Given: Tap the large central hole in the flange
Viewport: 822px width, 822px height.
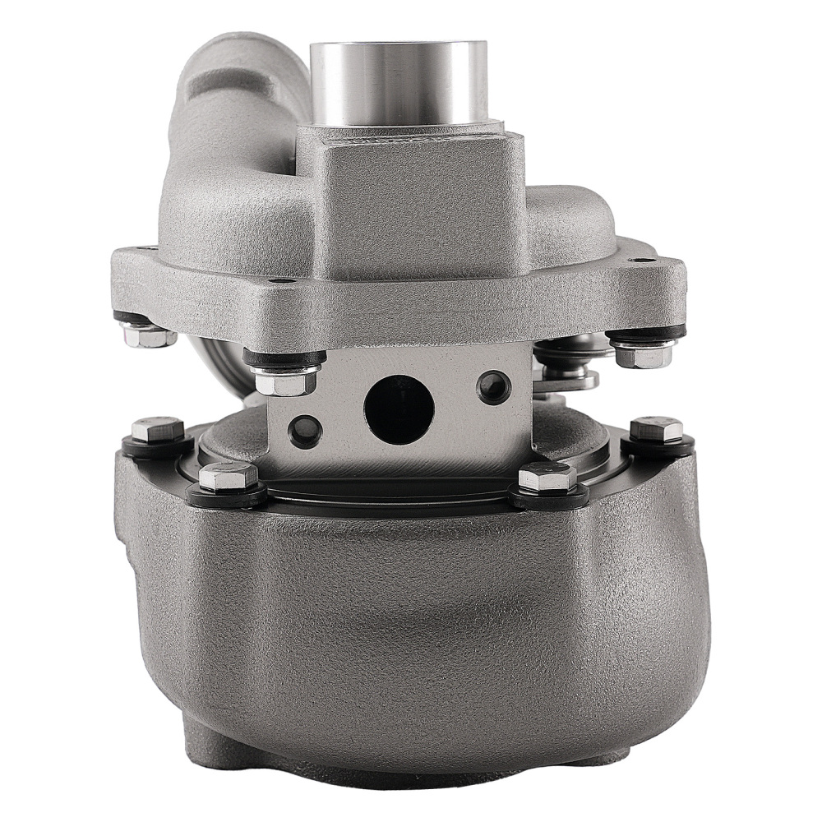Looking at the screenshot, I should click(x=399, y=406).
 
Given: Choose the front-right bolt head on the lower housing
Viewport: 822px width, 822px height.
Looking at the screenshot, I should click(x=544, y=477).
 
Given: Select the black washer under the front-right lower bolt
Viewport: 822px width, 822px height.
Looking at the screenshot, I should click(x=546, y=496).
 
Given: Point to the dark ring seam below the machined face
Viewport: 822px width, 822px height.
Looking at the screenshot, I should click(x=395, y=492).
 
